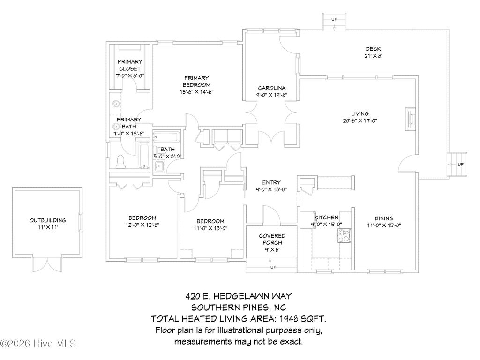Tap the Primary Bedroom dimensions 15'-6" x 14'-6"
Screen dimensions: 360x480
coord(196,92)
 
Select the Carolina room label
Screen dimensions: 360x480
coord(272,88)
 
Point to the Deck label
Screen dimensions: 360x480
coord(373,49)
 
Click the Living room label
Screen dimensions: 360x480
coord(360,113)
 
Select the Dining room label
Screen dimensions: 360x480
coord(383,218)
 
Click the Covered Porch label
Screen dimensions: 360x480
coord(272,236)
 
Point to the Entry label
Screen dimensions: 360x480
coord(271,182)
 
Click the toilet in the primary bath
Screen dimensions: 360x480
coord(120,161)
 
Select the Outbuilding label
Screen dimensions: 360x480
coord(47,220)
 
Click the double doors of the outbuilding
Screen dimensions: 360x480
coord(47,263)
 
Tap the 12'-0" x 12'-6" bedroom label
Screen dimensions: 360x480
coord(142,217)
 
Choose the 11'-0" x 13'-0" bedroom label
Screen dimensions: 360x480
coord(210,221)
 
